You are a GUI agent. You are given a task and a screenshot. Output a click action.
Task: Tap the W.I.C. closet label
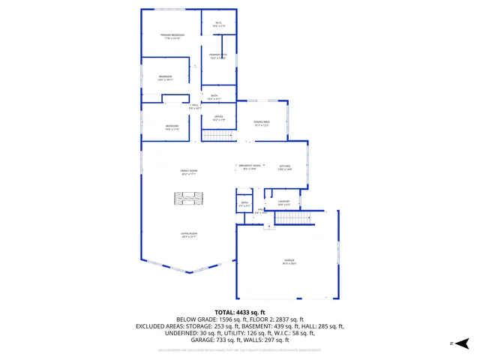point(218,24)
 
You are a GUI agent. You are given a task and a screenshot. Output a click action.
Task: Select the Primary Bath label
point(218,56)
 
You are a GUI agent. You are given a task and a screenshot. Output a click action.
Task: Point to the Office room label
point(218,118)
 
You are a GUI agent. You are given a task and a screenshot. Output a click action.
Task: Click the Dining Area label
point(262,123)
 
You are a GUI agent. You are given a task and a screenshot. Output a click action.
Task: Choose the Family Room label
point(189,172)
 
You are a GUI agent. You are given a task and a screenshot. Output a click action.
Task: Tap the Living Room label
point(189,235)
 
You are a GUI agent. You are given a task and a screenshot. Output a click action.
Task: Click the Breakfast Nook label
point(249,166)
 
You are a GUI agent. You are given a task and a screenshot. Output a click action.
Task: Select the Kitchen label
point(285,167)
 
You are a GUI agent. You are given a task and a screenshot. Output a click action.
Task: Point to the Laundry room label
point(283,202)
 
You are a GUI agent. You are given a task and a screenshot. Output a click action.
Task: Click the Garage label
point(289,262)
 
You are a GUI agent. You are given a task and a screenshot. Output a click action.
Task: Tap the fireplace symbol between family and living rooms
point(189,199)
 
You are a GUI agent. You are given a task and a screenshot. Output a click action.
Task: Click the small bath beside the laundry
point(244,204)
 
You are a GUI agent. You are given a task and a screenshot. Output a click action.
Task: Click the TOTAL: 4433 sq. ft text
point(239,311)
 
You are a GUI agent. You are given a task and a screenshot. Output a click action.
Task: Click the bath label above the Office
point(214,97)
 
